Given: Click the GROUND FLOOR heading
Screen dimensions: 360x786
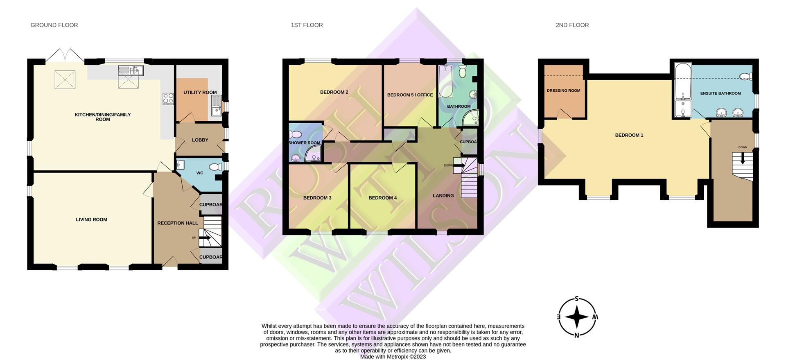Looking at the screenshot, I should [54, 25].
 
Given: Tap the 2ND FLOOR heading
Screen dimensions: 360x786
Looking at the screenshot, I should [572, 25].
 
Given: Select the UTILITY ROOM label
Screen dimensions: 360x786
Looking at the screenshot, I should [200, 93].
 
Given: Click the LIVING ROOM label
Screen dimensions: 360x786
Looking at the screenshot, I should [91, 220].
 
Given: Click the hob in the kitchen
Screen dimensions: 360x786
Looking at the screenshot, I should [168, 99].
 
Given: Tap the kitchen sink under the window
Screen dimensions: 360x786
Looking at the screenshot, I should [131, 71].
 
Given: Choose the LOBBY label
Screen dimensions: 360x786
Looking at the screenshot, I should [200, 140].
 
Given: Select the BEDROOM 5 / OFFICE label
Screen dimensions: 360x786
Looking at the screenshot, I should [410, 95].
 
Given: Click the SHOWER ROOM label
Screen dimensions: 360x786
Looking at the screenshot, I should [304, 143].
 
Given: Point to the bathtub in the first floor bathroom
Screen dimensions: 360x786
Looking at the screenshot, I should [445, 81].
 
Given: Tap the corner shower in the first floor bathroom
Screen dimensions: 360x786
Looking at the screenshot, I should [471, 118].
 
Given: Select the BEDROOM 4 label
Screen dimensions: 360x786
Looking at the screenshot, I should [382, 198].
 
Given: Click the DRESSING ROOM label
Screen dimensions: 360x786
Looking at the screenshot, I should [563, 91].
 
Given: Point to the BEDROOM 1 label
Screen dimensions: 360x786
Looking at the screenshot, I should [629, 135].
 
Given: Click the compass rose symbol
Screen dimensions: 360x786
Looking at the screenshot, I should [576, 317].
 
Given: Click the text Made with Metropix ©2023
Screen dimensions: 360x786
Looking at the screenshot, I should [393, 357].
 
